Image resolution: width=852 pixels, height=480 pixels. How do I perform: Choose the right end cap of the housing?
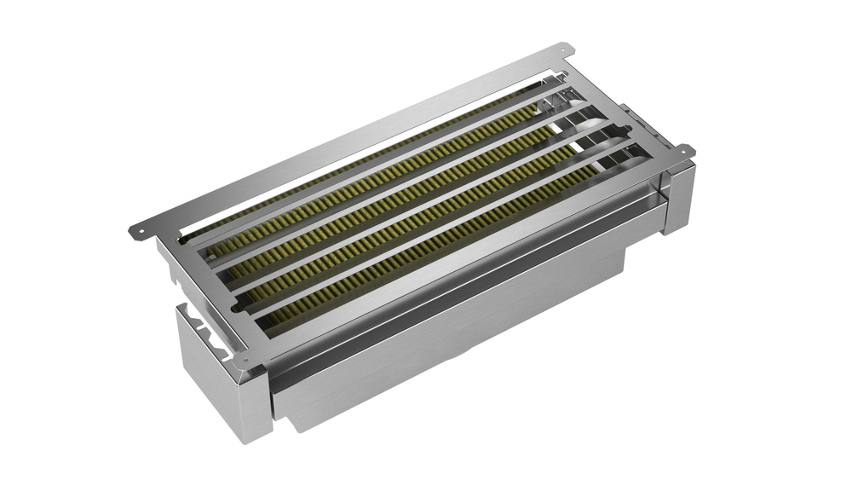coord(679,196)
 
